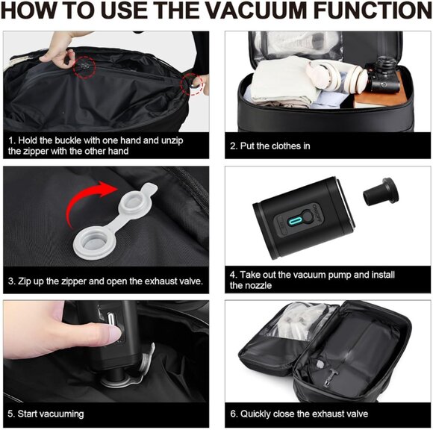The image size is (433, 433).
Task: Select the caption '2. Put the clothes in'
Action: point(270,146)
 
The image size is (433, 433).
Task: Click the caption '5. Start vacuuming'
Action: point(46,414)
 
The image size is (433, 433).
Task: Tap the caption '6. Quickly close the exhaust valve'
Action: point(299,414)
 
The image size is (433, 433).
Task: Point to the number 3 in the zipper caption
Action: point(11,281)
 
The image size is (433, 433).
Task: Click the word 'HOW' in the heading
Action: point(30,13)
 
